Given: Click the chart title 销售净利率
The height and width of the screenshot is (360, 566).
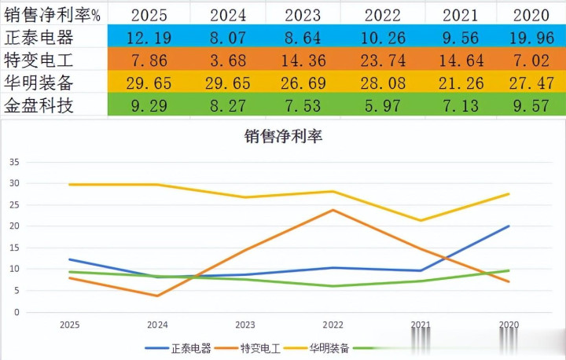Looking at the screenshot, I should point(283,136).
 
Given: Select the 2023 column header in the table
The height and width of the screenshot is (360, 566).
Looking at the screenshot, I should point(303,14).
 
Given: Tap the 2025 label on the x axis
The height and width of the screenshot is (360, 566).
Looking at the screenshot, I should point(71,324).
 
